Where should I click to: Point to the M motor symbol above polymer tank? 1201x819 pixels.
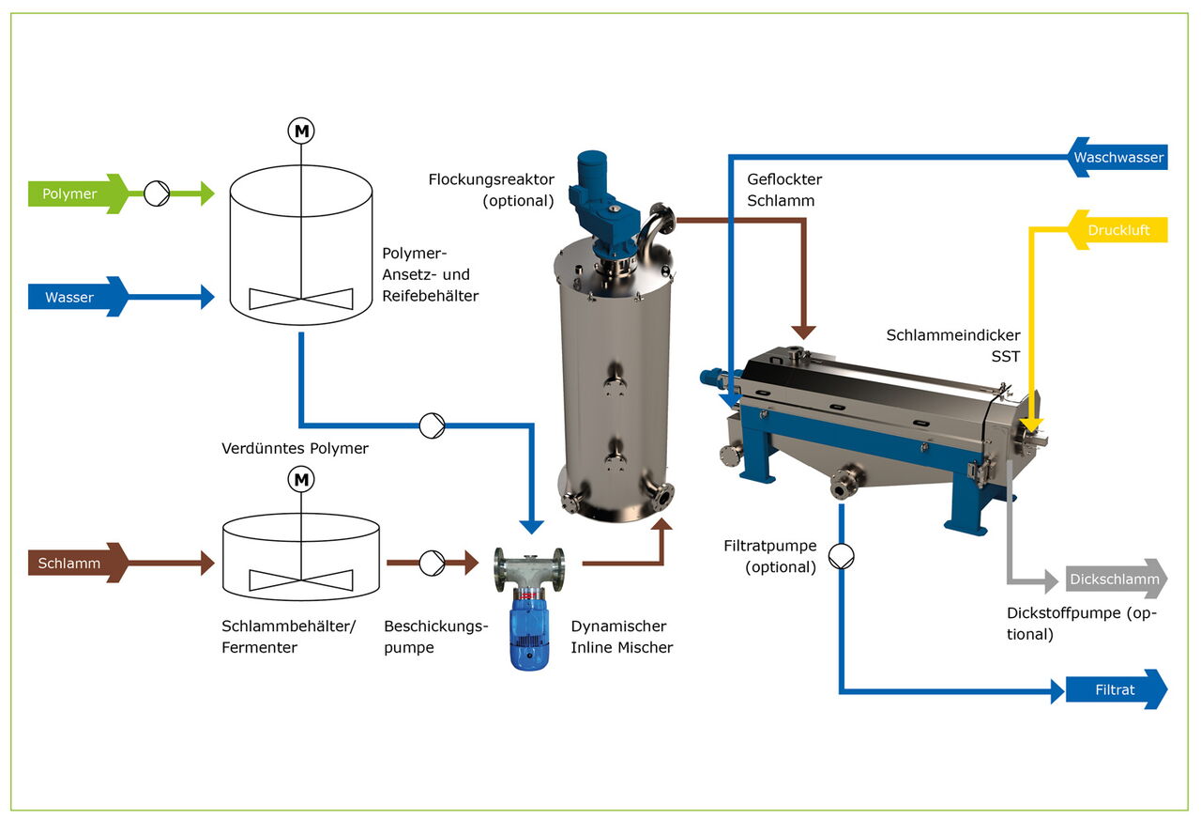[301, 131]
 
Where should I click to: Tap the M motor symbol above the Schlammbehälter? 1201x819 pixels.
[301, 481]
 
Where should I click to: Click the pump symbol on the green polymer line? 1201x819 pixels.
[156, 194]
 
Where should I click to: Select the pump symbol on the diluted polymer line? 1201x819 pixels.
[432, 425]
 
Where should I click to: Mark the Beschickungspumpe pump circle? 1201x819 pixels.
[432, 564]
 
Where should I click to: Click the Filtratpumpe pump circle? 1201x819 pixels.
[842, 557]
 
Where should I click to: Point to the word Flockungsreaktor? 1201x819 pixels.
[492, 179]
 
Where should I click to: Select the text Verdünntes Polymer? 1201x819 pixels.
[296, 449]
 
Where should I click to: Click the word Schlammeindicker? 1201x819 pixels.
[953, 335]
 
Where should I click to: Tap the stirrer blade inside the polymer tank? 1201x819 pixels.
[301, 299]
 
